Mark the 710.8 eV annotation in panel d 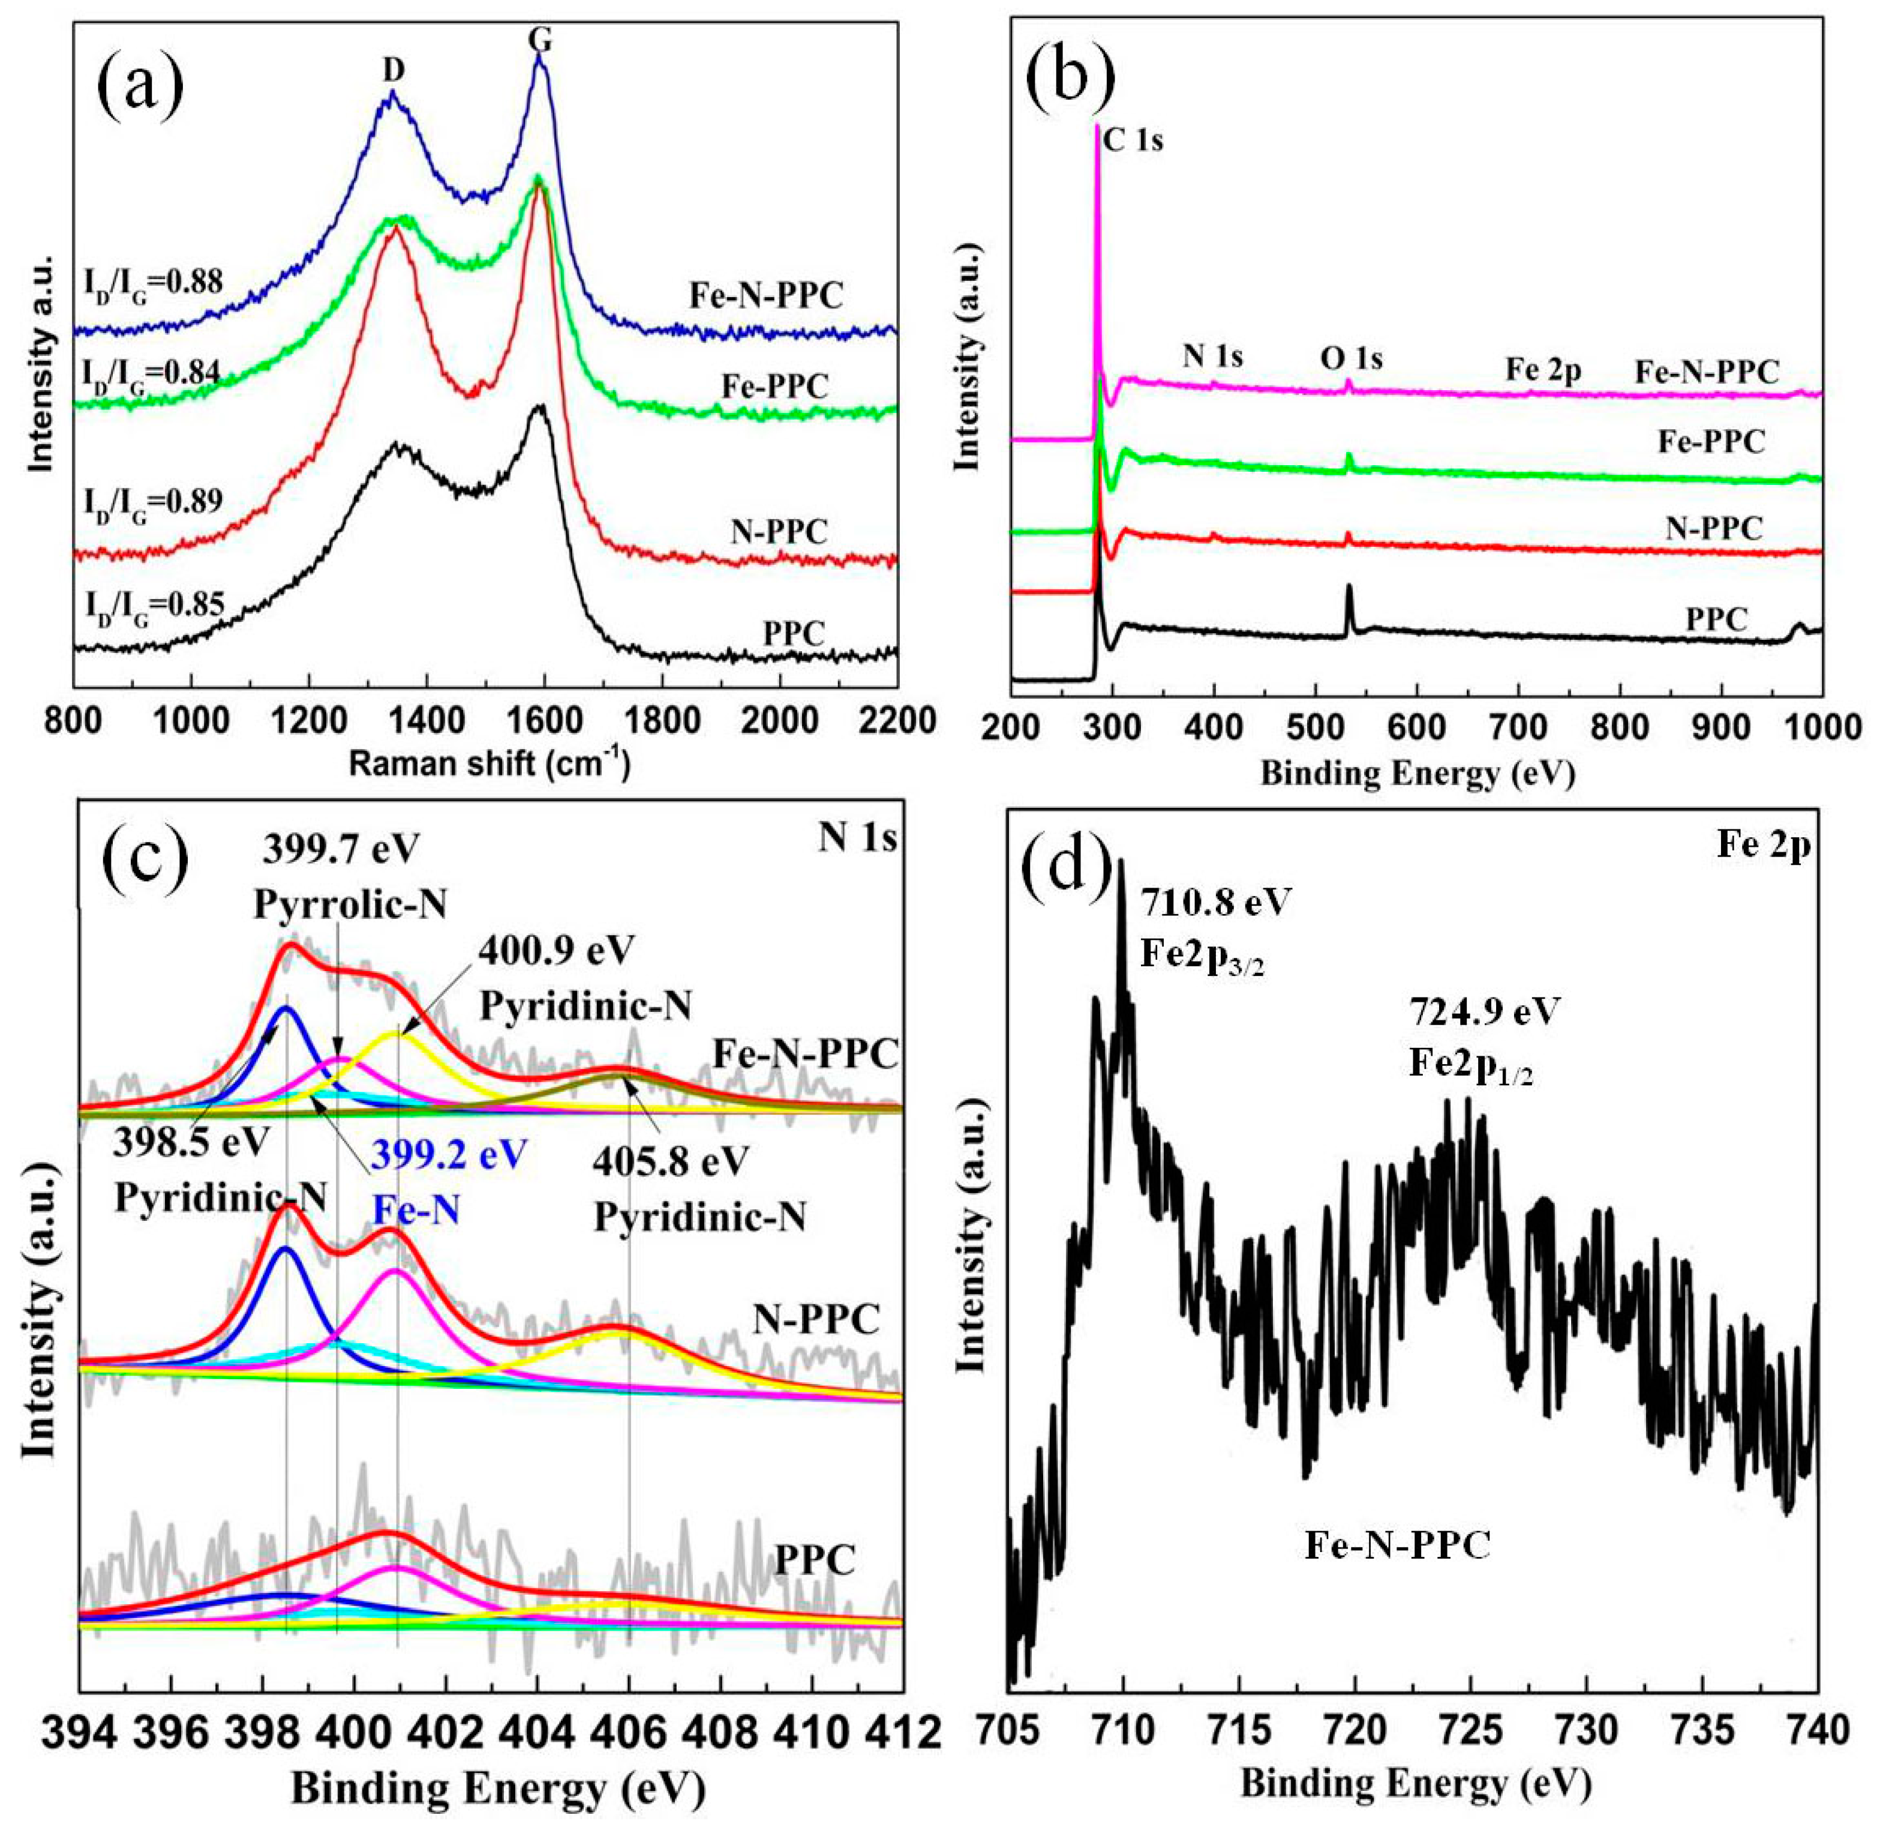(1215, 903)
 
